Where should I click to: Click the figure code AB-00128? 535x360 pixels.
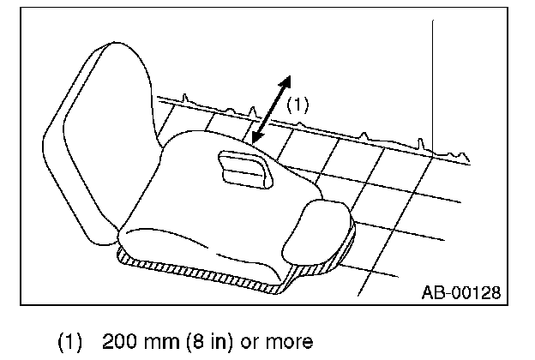pos(460,292)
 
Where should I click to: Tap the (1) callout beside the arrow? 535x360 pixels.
pos(296,105)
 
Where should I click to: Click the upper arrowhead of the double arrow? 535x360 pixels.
pos(286,81)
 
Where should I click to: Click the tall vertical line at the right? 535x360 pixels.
pos(434,86)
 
